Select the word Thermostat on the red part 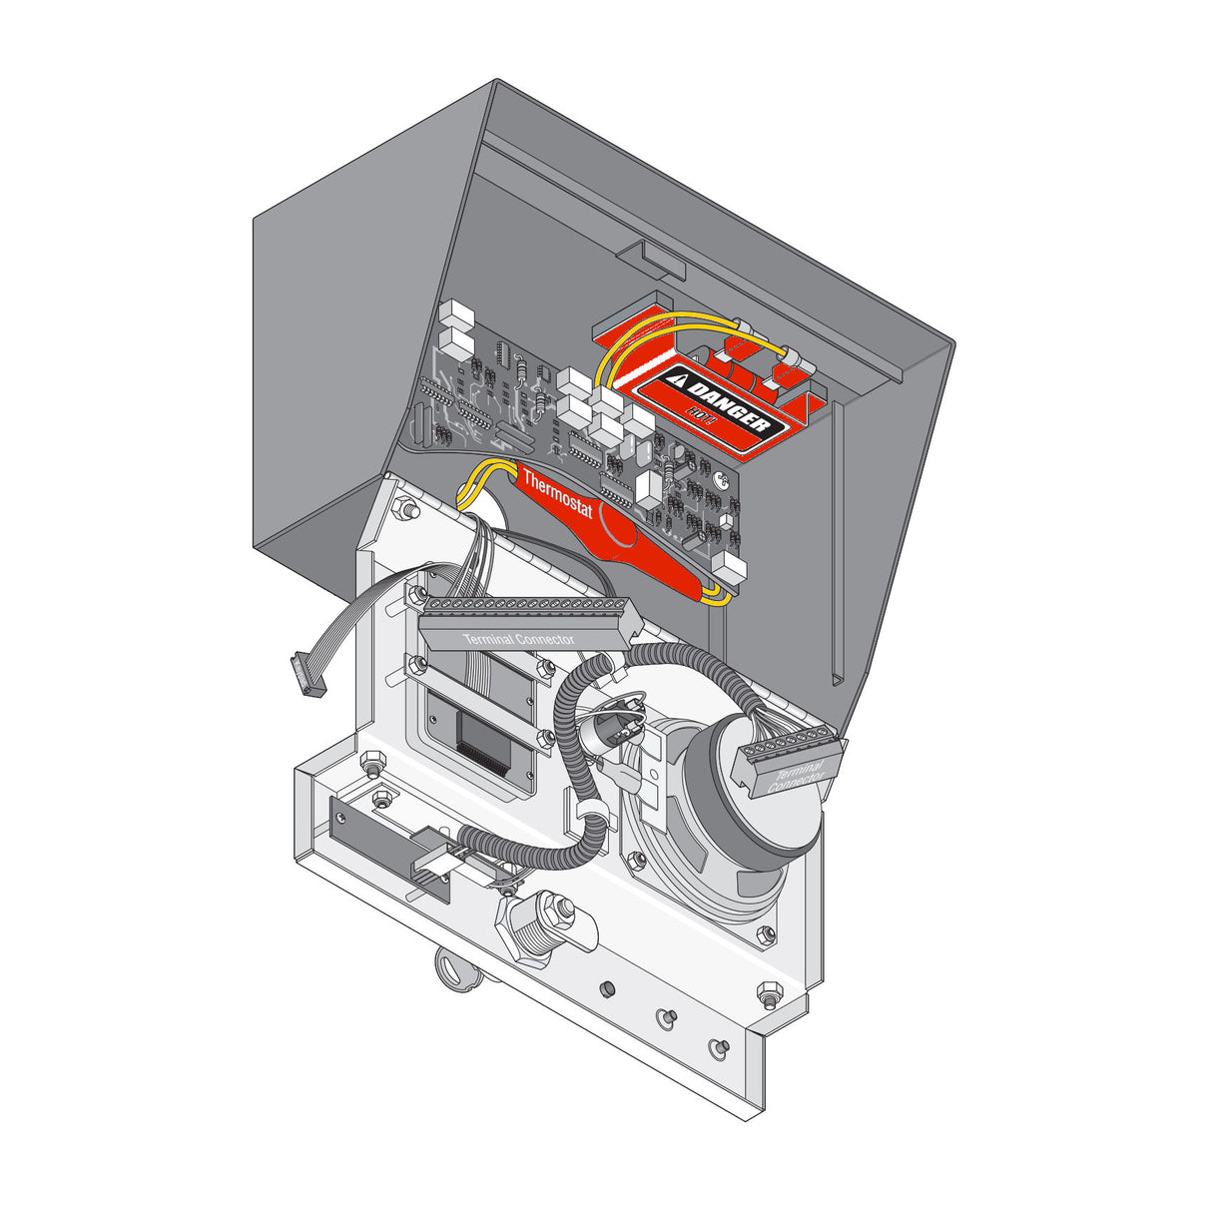point(558,495)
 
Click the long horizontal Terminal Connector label point(518,638)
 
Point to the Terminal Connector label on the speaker point(797,777)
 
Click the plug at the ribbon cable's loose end point(303,675)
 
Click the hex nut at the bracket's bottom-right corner point(769,994)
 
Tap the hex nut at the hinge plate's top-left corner point(405,509)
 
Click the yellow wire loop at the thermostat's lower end point(713,596)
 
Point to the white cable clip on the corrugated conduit point(589,810)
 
